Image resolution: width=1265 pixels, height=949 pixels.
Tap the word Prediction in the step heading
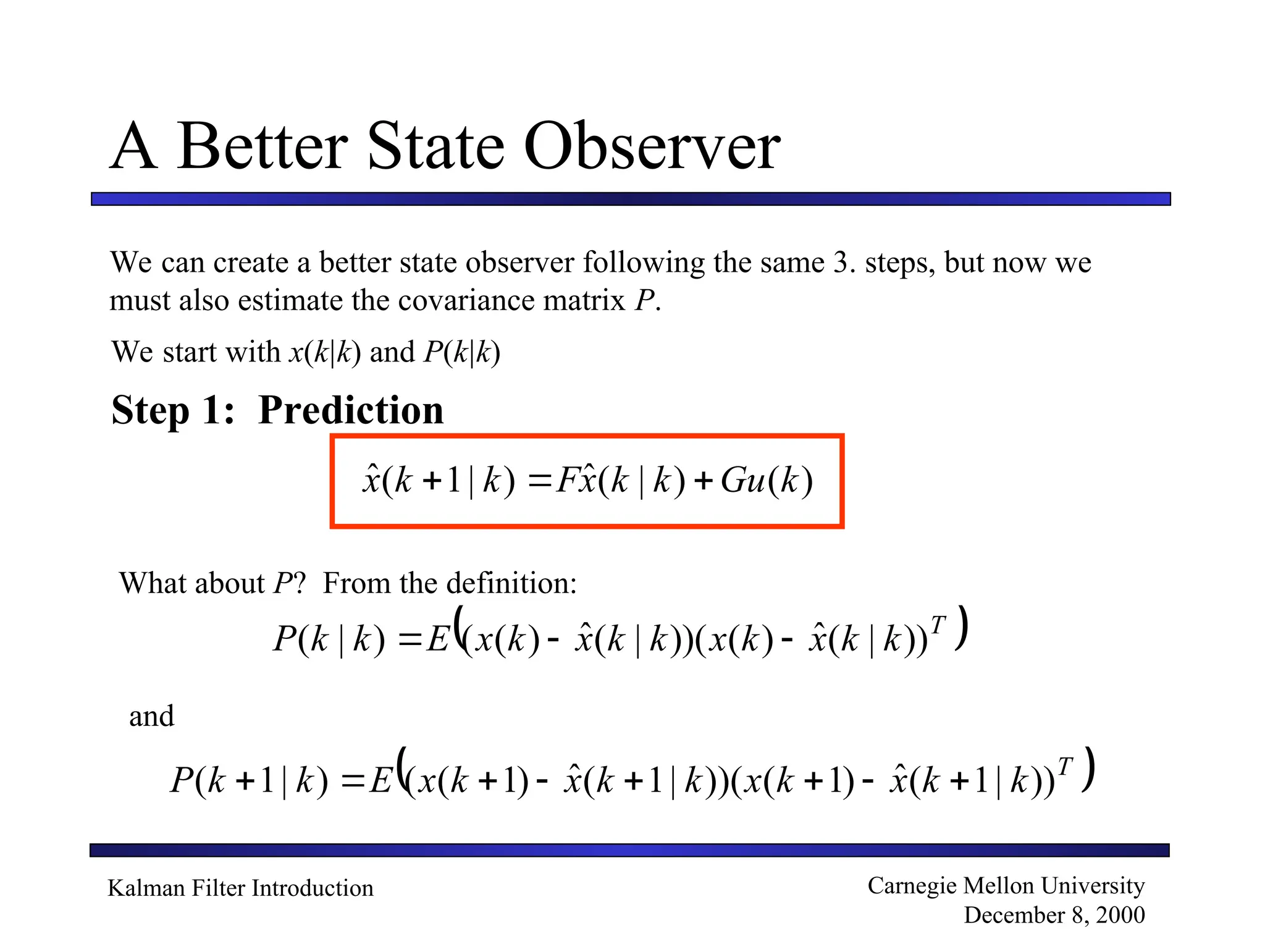351,410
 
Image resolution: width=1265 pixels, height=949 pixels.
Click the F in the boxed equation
566,480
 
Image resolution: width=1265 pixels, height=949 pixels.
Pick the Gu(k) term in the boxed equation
767,480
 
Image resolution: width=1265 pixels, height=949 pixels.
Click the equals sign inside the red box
539,481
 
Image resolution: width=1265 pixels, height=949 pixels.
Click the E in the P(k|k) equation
437,639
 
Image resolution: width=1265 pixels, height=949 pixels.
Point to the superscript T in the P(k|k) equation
938,625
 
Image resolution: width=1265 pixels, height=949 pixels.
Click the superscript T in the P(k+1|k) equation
1065,766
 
